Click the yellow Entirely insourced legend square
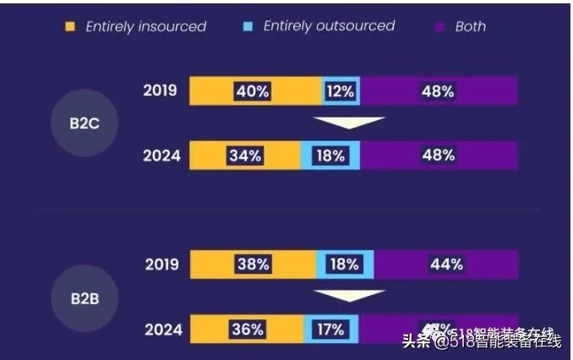(x=70, y=26)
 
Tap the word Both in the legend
(x=470, y=26)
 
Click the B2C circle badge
(x=83, y=123)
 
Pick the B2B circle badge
(x=83, y=297)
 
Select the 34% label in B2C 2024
(x=245, y=155)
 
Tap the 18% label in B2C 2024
(x=330, y=155)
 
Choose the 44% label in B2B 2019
(x=445, y=264)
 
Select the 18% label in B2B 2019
(x=344, y=264)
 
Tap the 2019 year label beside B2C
(x=161, y=90)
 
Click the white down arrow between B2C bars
(x=349, y=124)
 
